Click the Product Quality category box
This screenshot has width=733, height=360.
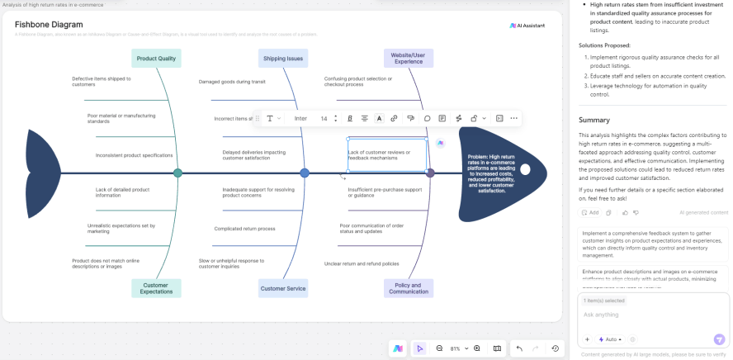point(156,59)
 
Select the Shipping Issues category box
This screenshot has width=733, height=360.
point(283,59)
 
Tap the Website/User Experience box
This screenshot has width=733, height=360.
point(409,58)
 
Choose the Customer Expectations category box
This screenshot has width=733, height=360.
point(156,288)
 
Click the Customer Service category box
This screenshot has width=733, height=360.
point(283,288)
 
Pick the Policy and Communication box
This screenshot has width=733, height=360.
point(409,288)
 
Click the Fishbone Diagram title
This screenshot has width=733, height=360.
point(49,25)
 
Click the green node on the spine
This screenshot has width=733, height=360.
point(177,173)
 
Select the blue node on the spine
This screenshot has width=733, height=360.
point(305,173)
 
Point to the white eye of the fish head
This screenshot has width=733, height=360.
point(525,169)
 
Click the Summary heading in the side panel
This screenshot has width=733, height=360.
point(594,120)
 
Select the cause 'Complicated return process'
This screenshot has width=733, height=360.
point(245,229)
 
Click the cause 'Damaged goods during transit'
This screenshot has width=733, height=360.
point(232,82)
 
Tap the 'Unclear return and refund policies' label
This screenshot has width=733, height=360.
point(362,263)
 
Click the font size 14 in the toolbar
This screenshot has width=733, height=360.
point(324,118)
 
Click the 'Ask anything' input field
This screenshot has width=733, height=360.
point(644,315)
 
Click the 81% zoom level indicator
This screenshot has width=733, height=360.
point(455,348)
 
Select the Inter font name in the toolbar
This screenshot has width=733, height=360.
point(300,118)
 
